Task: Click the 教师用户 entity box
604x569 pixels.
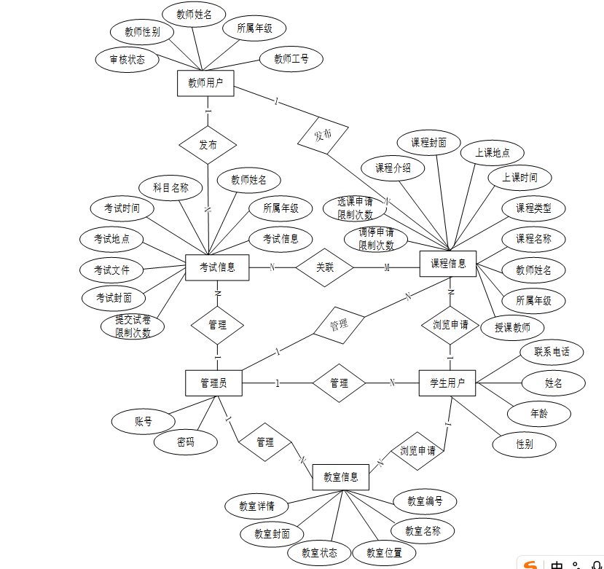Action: pyautogui.click(x=205, y=82)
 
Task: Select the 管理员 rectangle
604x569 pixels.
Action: pyautogui.click(x=213, y=382)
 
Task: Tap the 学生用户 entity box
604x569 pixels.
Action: pyautogui.click(x=447, y=382)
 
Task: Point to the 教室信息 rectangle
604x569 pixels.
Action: pyautogui.click(x=340, y=477)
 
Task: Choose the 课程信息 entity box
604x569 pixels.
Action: pyautogui.click(x=448, y=263)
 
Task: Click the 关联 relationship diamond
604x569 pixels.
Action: pyautogui.click(x=324, y=267)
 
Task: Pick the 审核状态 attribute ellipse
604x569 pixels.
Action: pyautogui.click(x=128, y=60)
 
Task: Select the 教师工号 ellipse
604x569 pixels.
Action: pyautogui.click(x=291, y=59)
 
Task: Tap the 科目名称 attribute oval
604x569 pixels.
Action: pyautogui.click(x=170, y=187)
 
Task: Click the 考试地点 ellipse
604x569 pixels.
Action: pyautogui.click(x=111, y=239)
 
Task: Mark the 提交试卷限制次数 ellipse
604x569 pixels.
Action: pyautogui.click(x=133, y=326)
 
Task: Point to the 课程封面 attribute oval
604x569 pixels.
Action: pyautogui.click(x=428, y=143)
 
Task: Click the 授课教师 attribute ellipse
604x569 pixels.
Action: pyautogui.click(x=512, y=327)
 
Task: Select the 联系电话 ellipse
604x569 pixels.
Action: pyautogui.click(x=552, y=352)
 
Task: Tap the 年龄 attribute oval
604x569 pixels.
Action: pyautogui.click(x=538, y=413)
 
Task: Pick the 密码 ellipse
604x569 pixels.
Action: pyautogui.click(x=185, y=442)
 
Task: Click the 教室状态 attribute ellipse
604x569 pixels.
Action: pyautogui.click(x=319, y=553)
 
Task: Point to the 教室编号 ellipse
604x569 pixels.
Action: pyautogui.click(x=425, y=501)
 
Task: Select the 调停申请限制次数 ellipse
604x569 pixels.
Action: pyautogui.click(x=376, y=239)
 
